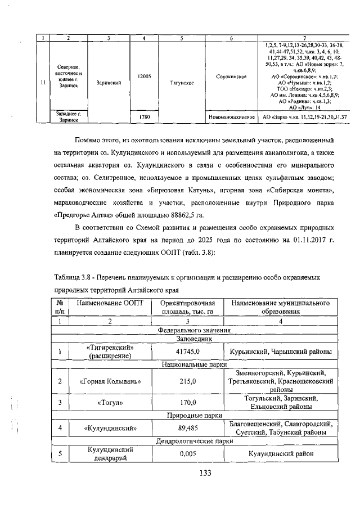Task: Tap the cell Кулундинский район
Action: pos(276,454)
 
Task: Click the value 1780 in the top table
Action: pos(145,117)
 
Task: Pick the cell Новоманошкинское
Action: pos(232,117)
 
